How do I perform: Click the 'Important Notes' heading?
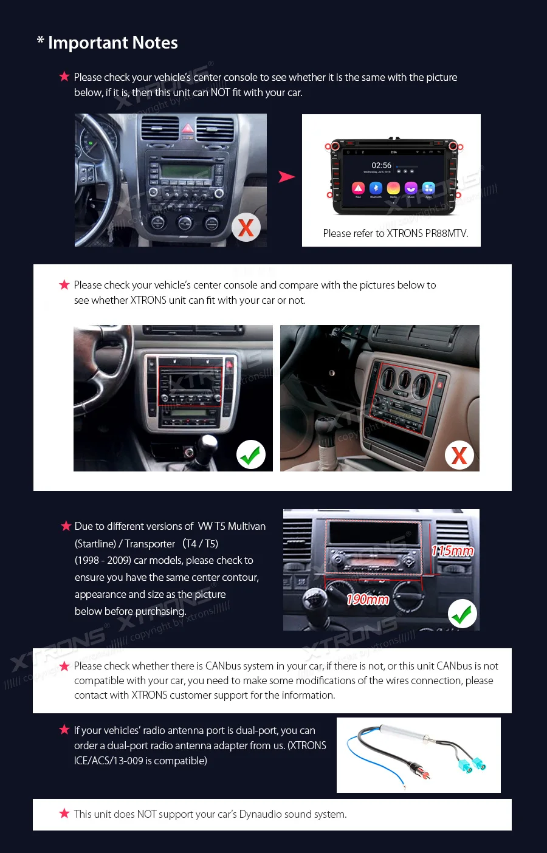coord(112,43)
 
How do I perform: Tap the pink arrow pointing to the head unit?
coord(286,177)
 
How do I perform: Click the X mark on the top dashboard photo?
coord(246,228)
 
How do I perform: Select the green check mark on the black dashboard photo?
coord(250,454)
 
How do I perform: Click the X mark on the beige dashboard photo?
coord(459,455)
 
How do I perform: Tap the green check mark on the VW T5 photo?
coord(463,614)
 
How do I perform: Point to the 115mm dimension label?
coord(452,551)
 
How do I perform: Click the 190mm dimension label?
coord(367,600)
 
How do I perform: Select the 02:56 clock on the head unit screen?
coord(381,165)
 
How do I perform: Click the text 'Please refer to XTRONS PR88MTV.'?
coord(395,233)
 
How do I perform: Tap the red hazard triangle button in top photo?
coord(188,129)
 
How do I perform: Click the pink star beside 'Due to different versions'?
coord(66,526)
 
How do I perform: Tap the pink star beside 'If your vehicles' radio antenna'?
coord(64,730)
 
